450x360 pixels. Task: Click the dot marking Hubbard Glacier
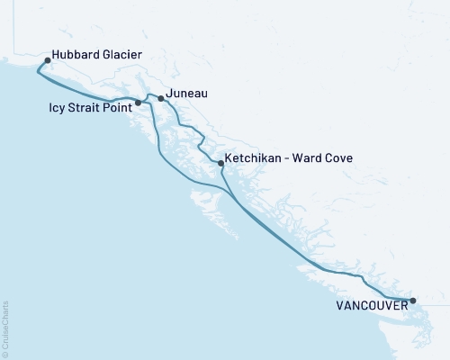pos(48,61)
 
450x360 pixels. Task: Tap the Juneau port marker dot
pos(160,98)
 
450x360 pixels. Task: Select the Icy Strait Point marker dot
pos(137,114)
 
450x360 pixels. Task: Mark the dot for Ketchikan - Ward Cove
pos(220,162)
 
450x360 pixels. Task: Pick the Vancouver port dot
pos(413,301)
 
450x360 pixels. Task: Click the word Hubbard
pos(76,54)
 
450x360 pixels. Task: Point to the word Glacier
pos(122,54)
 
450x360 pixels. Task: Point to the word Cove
pos(340,157)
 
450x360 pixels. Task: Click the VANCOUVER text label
pos(371,306)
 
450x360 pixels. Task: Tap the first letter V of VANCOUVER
pos(339,306)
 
